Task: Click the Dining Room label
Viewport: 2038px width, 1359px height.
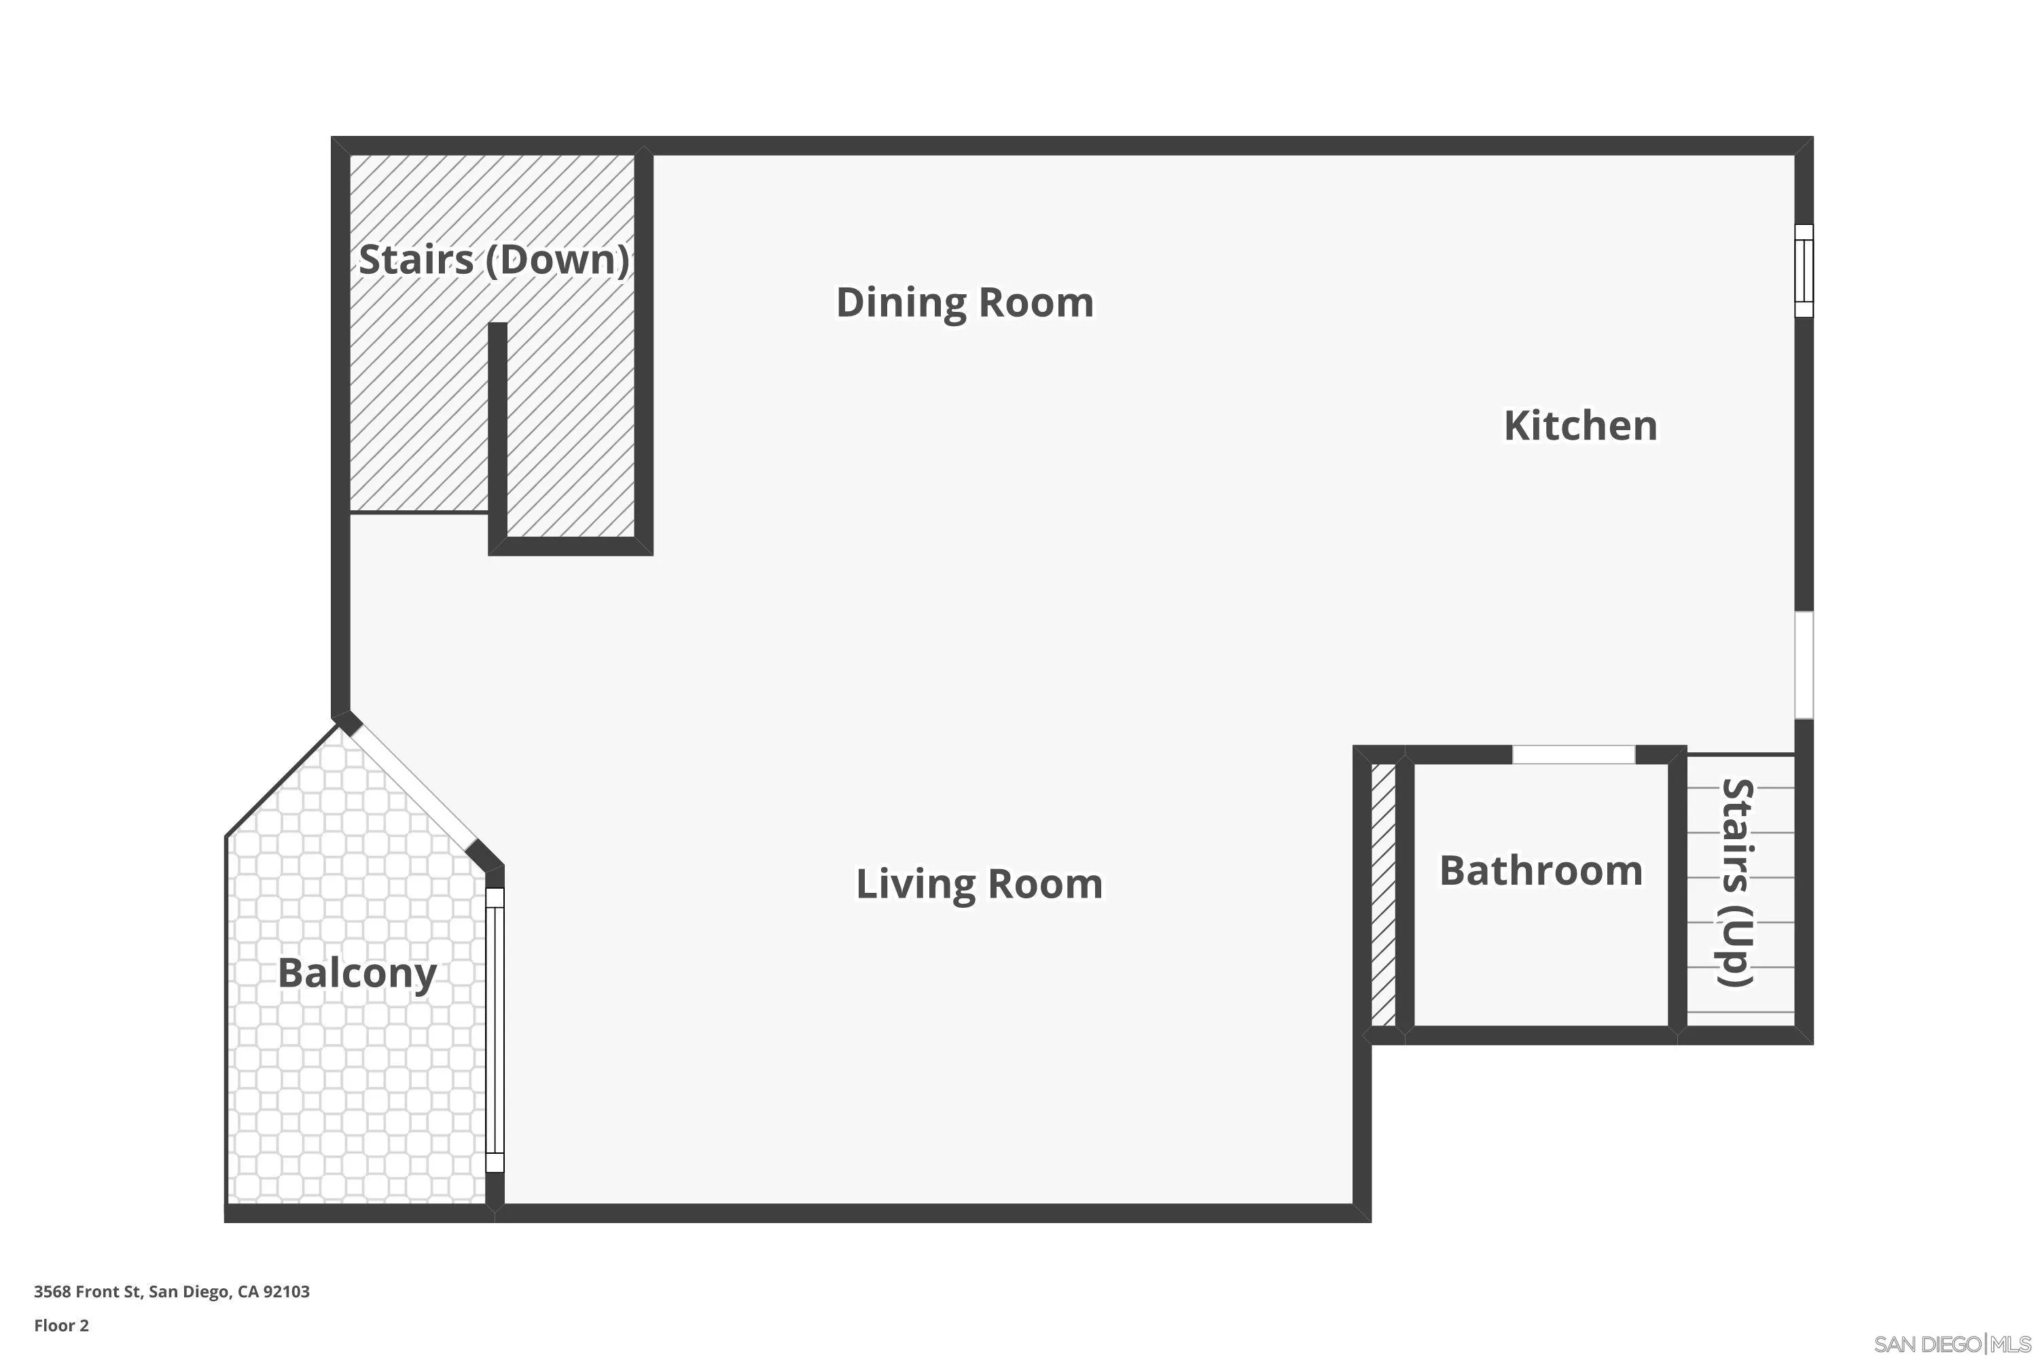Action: pos(965,302)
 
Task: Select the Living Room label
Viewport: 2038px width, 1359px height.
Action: pos(979,884)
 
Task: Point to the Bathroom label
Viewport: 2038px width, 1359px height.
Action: pos(1541,870)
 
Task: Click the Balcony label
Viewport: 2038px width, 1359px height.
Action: pos(357,972)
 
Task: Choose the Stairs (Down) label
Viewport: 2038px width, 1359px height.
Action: pos(493,259)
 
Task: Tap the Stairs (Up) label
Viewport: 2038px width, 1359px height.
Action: pos(1736,882)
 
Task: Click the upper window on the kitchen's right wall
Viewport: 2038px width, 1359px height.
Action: pos(1803,270)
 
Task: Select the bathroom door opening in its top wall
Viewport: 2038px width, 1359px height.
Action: pos(1573,754)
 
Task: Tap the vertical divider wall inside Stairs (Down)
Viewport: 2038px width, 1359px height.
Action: pos(497,434)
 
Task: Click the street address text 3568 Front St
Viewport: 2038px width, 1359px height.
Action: pos(87,1292)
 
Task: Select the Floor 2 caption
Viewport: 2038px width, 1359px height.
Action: pos(62,1325)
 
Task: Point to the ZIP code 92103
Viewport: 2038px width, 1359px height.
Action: pos(286,1292)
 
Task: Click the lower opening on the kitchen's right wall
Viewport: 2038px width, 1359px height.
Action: pos(1803,665)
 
